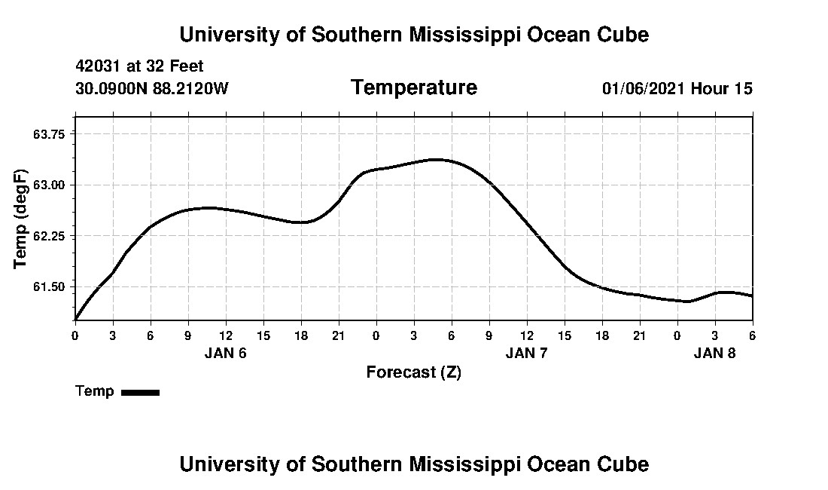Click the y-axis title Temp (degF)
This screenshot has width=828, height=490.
click(20, 219)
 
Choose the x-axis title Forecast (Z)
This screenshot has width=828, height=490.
click(413, 372)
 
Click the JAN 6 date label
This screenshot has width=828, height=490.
click(225, 353)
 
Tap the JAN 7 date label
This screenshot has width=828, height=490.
click(526, 353)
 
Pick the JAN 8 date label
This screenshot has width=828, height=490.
click(714, 353)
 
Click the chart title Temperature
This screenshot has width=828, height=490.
click(413, 88)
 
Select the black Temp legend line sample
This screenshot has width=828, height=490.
click(140, 392)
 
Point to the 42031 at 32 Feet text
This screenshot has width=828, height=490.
click(139, 66)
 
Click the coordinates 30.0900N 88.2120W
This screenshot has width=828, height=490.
click(152, 89)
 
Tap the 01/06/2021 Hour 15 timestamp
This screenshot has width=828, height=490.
click(677, 89)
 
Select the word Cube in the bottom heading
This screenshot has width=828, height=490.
click(626, 464)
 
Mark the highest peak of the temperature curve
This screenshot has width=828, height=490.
click(435, 159)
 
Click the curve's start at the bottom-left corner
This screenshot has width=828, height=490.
click(76, 320)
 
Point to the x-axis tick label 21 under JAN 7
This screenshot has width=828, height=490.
click(639, 335)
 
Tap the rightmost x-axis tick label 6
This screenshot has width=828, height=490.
click(752, 335)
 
